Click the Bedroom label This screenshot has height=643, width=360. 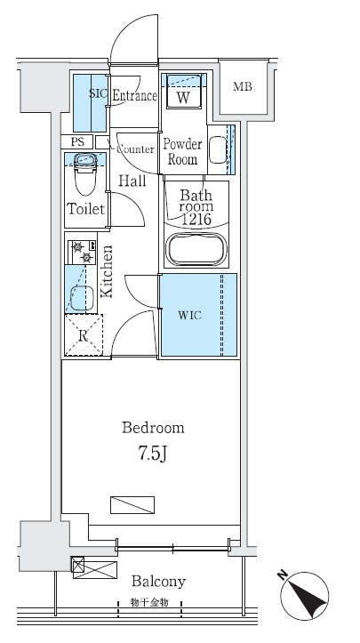(x=153, y=428)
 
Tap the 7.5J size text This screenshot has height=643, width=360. (x=153, y=454)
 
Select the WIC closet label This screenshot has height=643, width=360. (x=190, y=316)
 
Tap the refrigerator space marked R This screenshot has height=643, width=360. (x=84, y=335)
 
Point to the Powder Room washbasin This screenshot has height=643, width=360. (x=217, y=149)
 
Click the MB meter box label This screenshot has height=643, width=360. (x=243, y=86)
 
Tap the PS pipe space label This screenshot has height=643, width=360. (x=77, y=142)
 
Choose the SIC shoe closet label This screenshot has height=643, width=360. (x=99, y=93)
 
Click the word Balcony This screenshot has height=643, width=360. (x=158, y=582)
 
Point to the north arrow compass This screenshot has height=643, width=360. (x=304, y=595)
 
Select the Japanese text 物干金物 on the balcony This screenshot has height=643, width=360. (x=149, y=602)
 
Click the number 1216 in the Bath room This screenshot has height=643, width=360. (x=196, y=220)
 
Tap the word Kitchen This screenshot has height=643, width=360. (x=106, y=271)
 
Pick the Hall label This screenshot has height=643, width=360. (x=132, y=181)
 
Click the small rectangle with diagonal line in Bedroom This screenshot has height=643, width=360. (x=132, y=505)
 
